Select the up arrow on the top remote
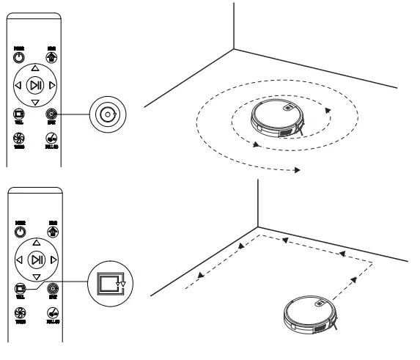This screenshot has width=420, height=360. (x=34, y=67)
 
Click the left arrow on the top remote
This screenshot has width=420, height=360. (x=18, y=86)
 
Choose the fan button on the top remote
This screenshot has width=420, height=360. (x=18, y=138)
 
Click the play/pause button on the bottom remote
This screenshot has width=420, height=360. (x=34, y=260)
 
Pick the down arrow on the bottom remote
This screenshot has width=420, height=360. (x=34, y=277)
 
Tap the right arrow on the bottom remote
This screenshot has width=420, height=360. (x=51, y=260)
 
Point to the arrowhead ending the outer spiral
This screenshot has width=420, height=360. (x=296, y=170)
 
